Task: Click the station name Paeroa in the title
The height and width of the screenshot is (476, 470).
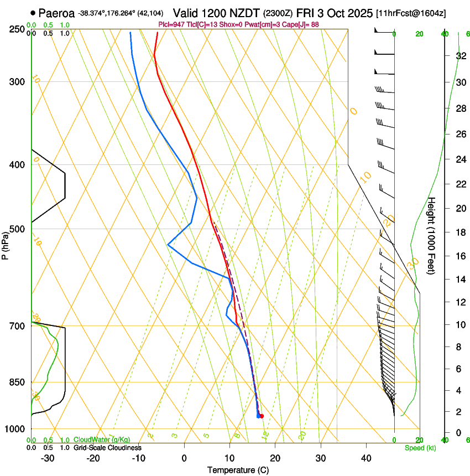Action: (x=56, y=13)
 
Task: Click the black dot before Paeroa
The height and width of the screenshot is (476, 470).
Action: (x=34, y=13)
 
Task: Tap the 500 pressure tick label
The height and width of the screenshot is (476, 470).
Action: (x=16, y=229)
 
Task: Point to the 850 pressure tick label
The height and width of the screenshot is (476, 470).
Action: (x=16, y=382)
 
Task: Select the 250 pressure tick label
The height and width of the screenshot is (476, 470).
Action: (x=16, y=29)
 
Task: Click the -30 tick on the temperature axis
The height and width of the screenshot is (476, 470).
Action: (x=48, y=458)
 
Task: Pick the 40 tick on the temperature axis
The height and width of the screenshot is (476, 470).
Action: (x=366, y=458)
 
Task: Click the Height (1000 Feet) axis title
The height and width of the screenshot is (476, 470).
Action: (x=432, y=235)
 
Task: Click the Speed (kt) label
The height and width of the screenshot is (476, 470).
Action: (x=420, y=448)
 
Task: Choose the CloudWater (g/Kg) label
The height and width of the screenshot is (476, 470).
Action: (x=102, y=440)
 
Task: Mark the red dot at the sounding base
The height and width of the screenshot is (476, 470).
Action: (x=262, y=416)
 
